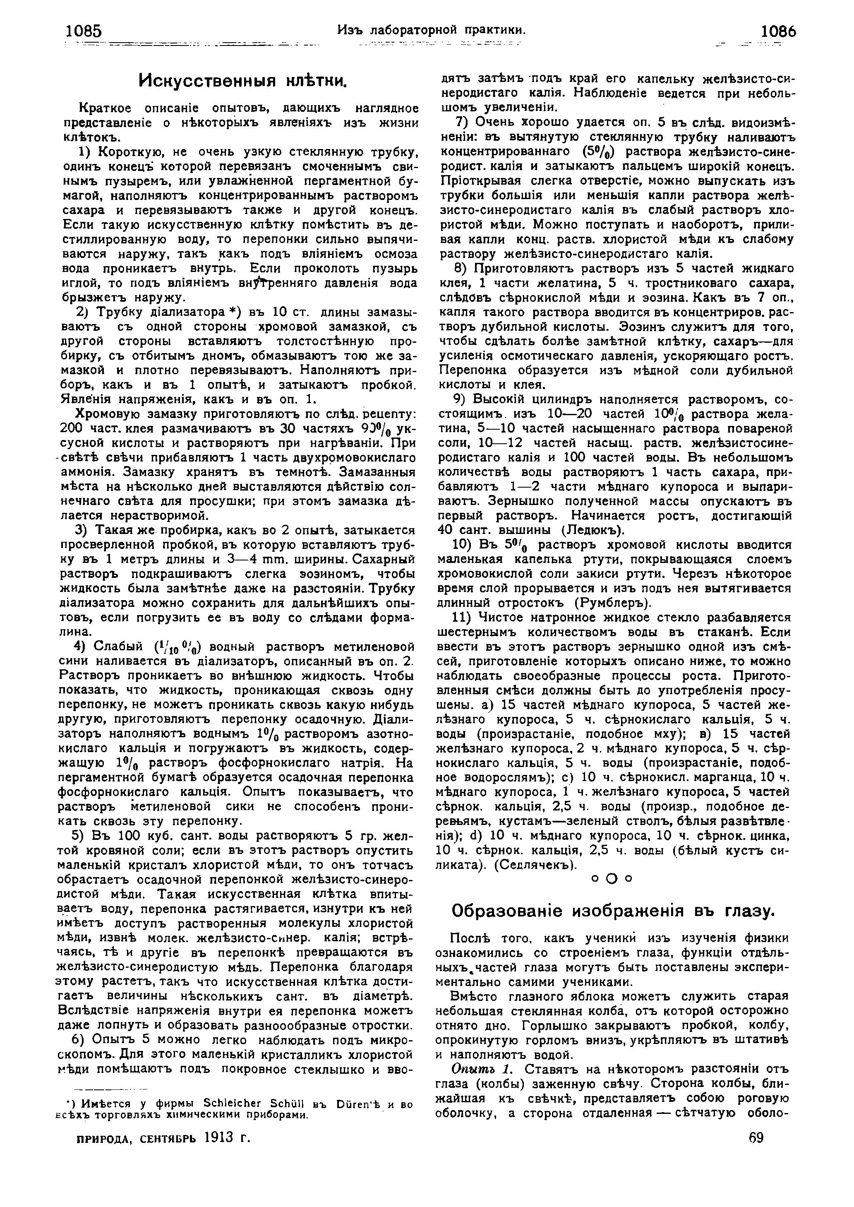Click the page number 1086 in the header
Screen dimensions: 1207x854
(x=779, y=32)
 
